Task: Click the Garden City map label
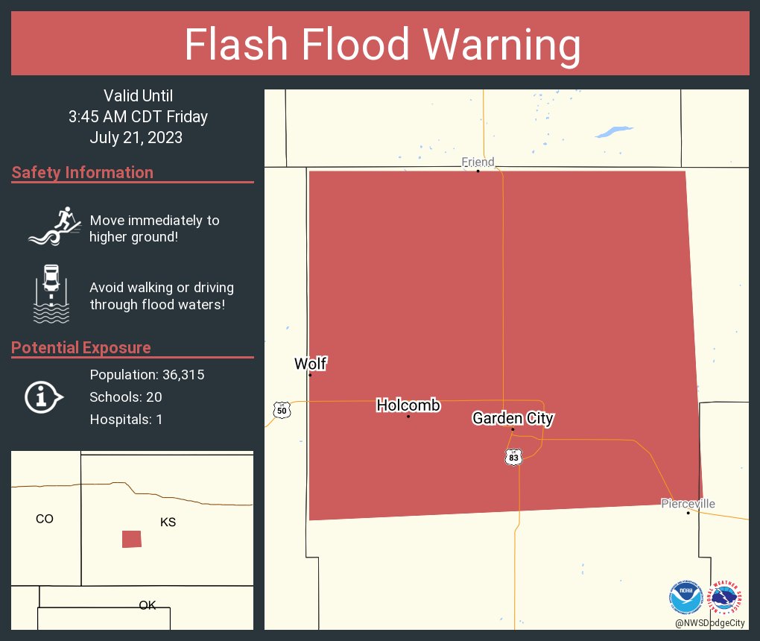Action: pos(513,418)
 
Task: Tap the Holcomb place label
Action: pos(408,405)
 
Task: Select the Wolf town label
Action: pos(310,364)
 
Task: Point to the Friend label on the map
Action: pos(478,162)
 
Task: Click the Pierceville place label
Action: pos(688,504)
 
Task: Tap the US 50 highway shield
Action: pos(281,409)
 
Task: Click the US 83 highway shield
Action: pos(513,456)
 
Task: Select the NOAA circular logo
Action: pos(686,597)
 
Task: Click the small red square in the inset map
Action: pos(132,539)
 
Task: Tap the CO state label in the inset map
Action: pos(45,519)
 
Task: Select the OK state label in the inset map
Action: pos(148,605)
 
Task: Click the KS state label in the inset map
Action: pos(168,522)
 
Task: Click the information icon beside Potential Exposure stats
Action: pos(43,397)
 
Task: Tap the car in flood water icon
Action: pos(51,294)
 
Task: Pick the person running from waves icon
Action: pos(54,226)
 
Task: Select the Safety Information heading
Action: pos(83,173)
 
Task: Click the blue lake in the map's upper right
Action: pos(612,133)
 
